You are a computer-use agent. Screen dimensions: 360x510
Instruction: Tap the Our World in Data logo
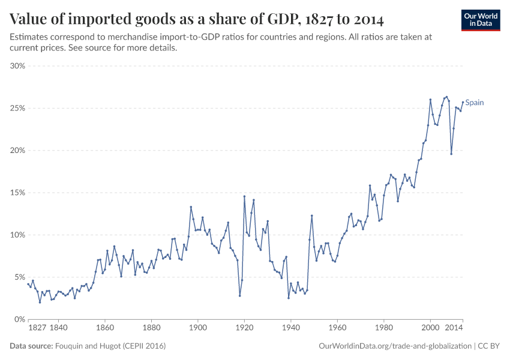click(x=481, y=19)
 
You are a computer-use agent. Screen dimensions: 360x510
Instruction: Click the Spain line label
click(x=475, y=103)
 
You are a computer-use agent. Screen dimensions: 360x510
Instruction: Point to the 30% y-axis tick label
click(x=17, y=66)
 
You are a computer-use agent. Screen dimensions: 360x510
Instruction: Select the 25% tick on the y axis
click(x=17, y=108)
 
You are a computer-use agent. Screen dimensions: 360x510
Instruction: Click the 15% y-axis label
click(x=17, y=193)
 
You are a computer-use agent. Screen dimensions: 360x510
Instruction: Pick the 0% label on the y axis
click(x=20, y=319)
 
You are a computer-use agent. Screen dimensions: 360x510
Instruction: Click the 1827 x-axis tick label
click(x=37, y=329)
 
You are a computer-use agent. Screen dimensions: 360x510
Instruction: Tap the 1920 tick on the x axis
click(x=244, y=329)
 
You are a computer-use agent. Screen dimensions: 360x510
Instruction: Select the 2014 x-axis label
click(x=454, y=329)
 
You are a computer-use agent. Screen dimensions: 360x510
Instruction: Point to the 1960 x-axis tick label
click(x=337, y=329)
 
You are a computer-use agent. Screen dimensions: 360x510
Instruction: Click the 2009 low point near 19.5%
click(x=451, y=154)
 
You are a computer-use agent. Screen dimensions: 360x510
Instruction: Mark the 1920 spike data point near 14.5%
click(x=244, y=196)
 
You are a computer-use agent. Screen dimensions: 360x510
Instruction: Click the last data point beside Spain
click(x=463, y=102)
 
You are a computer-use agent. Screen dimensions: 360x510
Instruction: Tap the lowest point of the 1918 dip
click(x=239, y=295)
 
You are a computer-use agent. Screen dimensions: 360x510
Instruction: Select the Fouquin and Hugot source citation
click(x=110, y=346)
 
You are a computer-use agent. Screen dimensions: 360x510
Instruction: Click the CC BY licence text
click(x=488, y=346)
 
